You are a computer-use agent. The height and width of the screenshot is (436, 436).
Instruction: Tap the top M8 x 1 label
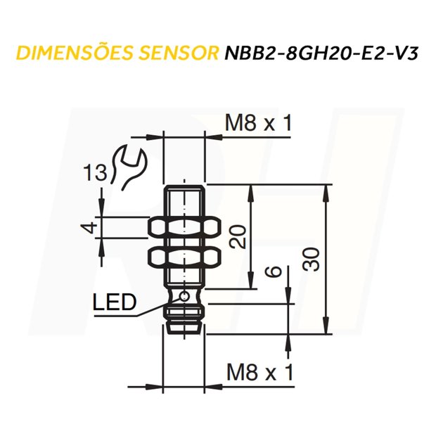click(258, 124)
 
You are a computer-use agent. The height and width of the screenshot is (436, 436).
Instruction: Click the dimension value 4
click(88, 227)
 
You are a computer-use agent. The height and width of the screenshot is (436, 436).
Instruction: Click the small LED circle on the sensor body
click(184, 296)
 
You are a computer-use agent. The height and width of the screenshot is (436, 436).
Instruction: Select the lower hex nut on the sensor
click(184, 256)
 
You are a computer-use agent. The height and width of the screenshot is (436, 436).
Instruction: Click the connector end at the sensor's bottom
click(184, 325)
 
